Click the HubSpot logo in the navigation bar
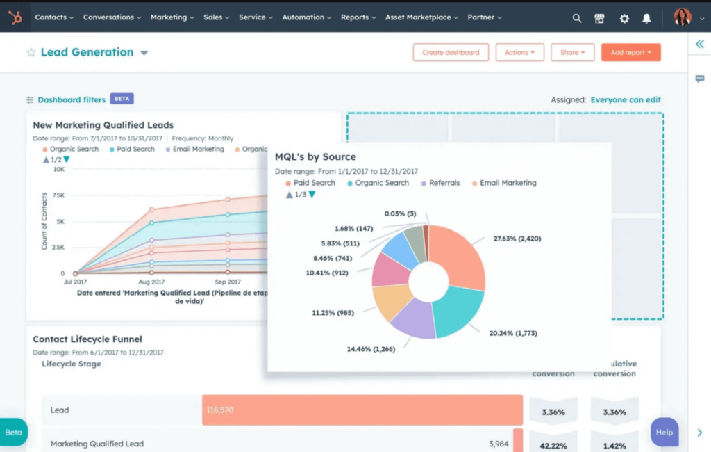(x=15, y=17)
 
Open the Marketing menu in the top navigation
(x=172, y=17)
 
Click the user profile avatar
(x=682, y=17)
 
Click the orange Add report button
(x=630, y=53)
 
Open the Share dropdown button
(x=573, y=53)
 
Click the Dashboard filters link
(x=72, y=99)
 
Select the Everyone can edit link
(x=626, y=100)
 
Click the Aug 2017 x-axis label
(x=151, y=282)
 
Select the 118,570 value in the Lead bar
(x=219, y=410)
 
